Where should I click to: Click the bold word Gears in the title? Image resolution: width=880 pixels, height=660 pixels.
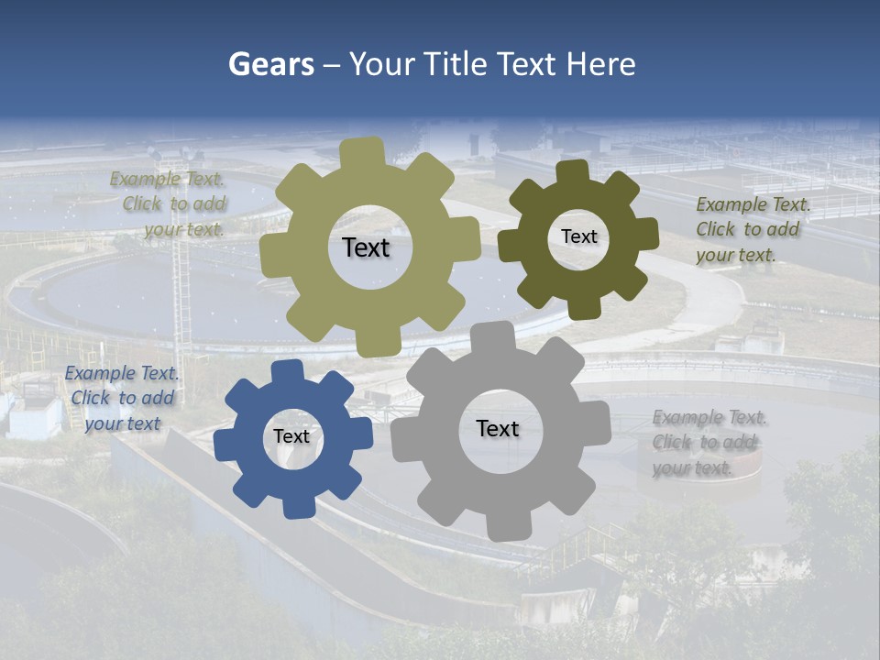pos(270,65)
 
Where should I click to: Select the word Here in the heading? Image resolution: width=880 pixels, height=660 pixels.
pos(600,65)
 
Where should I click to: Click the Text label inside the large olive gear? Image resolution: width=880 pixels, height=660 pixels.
pos(366,247)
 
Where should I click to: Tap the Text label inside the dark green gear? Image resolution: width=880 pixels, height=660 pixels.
pos(578,236)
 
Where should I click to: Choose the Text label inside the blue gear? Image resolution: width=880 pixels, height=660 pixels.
pos(291,436)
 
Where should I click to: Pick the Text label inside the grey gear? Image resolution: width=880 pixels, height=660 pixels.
pos(498,428)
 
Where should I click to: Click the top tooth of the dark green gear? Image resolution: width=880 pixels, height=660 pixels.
pos(573,171)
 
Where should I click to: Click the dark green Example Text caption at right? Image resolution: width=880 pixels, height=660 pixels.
pos(753,229)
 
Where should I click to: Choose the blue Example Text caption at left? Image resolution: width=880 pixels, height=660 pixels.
pos(122,398)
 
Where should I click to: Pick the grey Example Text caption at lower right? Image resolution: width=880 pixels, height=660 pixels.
pos(709,443)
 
